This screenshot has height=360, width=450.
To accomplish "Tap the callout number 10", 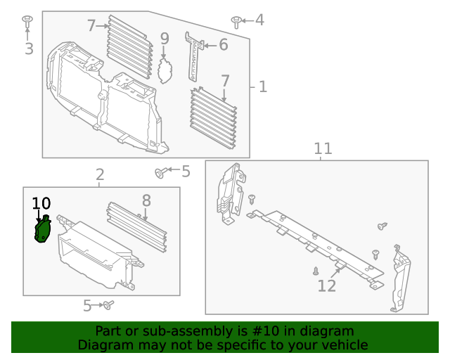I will [x=41, y=204].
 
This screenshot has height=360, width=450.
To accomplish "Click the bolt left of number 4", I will [x=236, y=21].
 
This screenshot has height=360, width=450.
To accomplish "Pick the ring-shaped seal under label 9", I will [x=166, y=71].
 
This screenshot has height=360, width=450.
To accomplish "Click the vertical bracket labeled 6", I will [x=193, y=56].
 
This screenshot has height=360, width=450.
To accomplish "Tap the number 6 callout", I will [x=224, y=45].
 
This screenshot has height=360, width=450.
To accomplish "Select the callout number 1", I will [x=262, y=86].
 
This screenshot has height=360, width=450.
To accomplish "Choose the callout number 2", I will [x=100, y=174].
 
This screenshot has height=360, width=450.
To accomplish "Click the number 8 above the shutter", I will [x=146, y=201].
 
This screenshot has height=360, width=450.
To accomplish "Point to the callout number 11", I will [x=322, y=149].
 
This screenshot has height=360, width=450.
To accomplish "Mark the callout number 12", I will [x=327, y=285].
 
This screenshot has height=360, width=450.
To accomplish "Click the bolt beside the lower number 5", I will [x=108, y=305].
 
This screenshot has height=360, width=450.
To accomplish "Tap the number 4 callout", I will [x=259, y=20].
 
